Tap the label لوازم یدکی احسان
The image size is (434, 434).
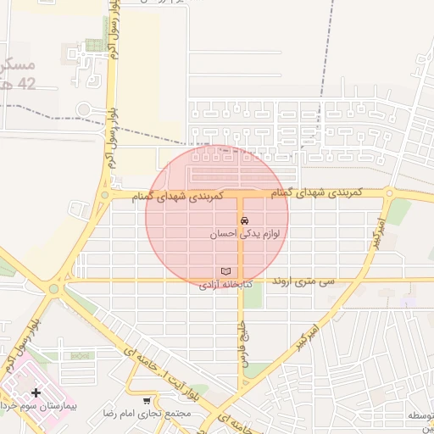247,233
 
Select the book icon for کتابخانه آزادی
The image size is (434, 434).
225,271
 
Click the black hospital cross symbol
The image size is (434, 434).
36,392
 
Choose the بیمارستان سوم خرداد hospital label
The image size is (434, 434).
37,407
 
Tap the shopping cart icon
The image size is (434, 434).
147,400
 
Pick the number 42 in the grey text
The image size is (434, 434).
26,83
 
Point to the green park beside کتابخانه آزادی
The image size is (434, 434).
253,295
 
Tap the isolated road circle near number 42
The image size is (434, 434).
84,109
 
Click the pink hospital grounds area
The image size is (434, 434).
25,381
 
